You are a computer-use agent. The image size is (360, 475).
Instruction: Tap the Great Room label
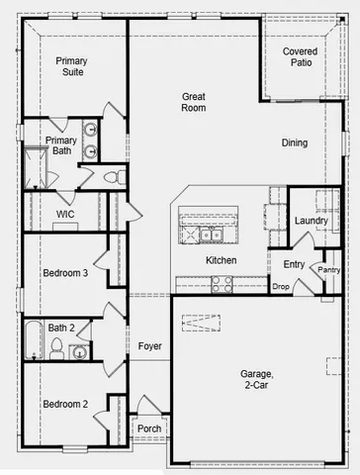pos(194,102)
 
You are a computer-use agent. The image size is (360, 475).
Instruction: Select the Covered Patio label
pos(300,56)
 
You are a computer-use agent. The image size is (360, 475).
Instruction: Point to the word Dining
pos(293,143)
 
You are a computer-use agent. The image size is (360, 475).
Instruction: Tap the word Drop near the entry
pos(281,287)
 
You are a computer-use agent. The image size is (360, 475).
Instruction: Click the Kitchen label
pos(221,260)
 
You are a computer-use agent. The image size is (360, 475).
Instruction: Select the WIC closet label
pos(65,214)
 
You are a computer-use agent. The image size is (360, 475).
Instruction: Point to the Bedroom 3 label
pos(65,273)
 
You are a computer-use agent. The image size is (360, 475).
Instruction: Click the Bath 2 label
pos(61,328)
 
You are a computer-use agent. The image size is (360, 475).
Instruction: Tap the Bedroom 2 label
pos(65,404)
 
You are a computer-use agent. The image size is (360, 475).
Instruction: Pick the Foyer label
pos(149,346)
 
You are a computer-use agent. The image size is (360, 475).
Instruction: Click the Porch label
pos(149,428)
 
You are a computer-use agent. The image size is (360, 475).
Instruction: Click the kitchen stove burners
pos(220,281)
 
